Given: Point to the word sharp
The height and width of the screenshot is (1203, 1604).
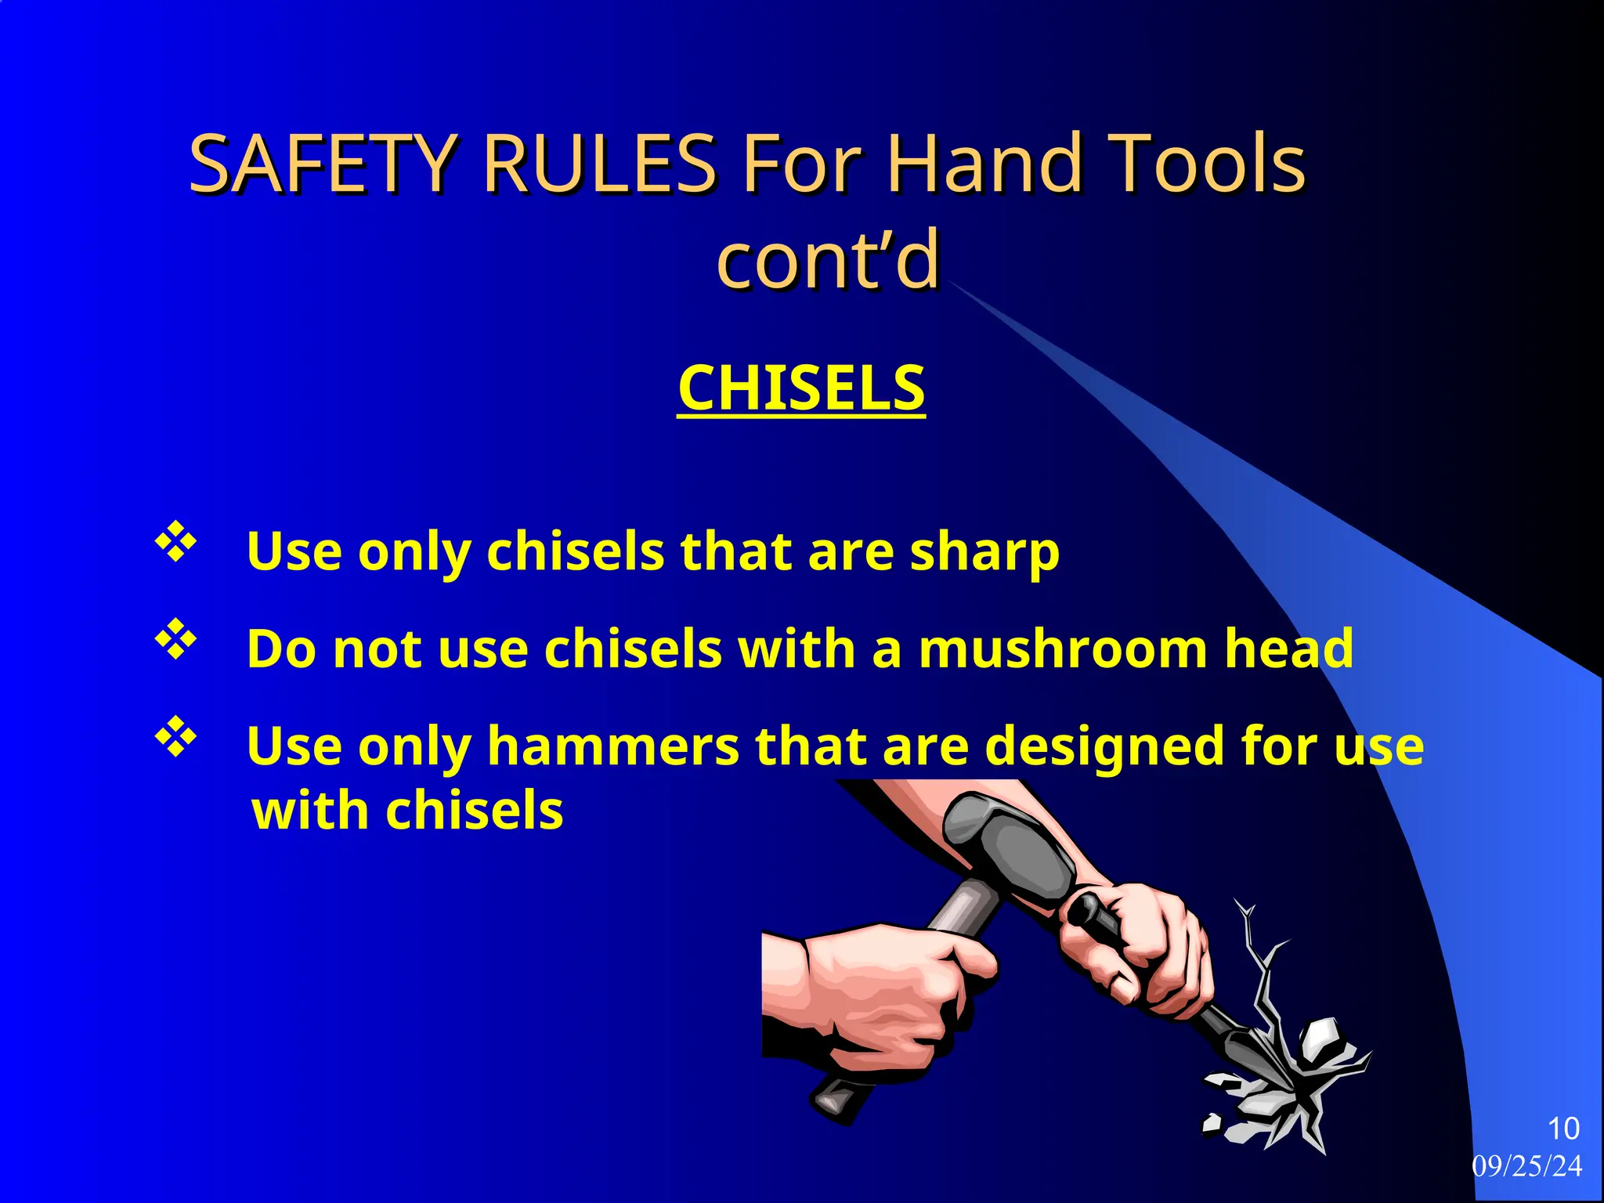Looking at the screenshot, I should (984, 552).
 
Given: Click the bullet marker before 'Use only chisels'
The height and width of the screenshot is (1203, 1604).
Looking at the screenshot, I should (175, 542).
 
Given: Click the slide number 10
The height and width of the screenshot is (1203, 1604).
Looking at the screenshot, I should (1563, 1129).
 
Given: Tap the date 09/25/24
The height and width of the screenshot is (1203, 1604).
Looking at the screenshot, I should (1526, 1166).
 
